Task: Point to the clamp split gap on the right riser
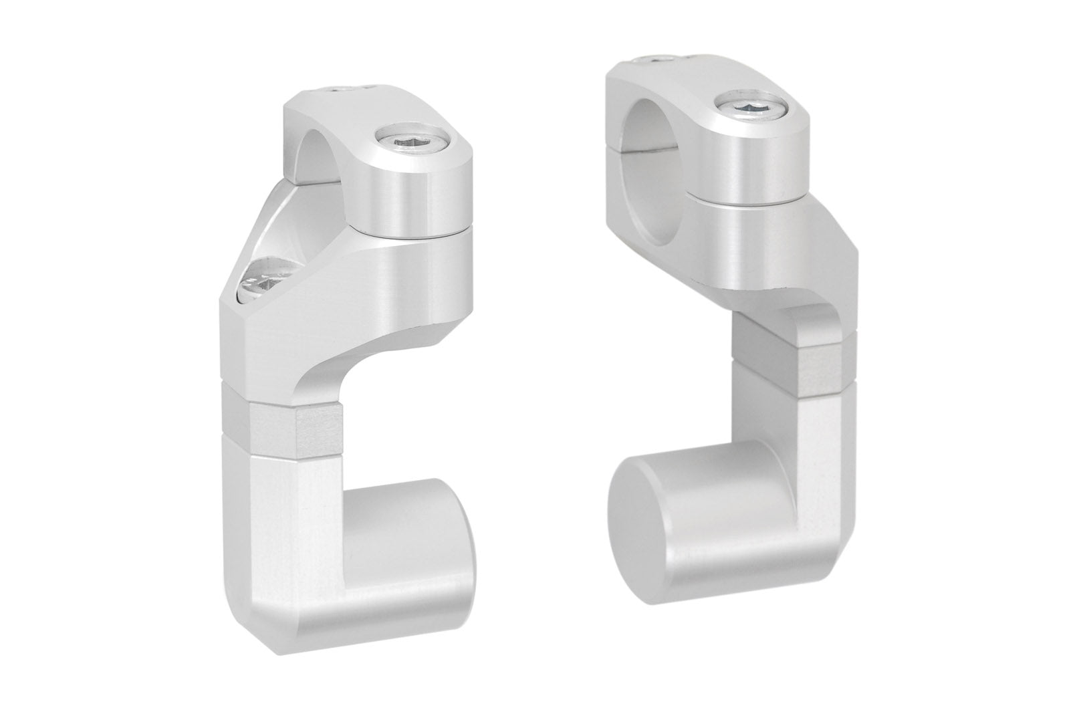pos(749,200)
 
